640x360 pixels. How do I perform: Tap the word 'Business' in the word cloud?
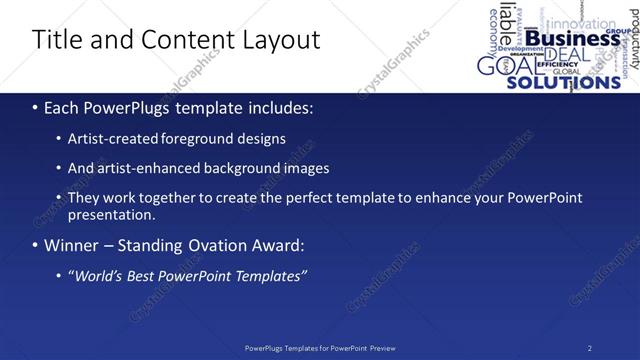[572, 38]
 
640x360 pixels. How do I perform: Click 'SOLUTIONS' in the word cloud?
[564, 83]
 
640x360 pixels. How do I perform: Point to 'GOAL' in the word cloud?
[501, 67]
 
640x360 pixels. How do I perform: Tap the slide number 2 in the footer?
[590, 348]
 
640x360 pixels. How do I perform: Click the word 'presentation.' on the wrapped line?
[112, 214]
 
